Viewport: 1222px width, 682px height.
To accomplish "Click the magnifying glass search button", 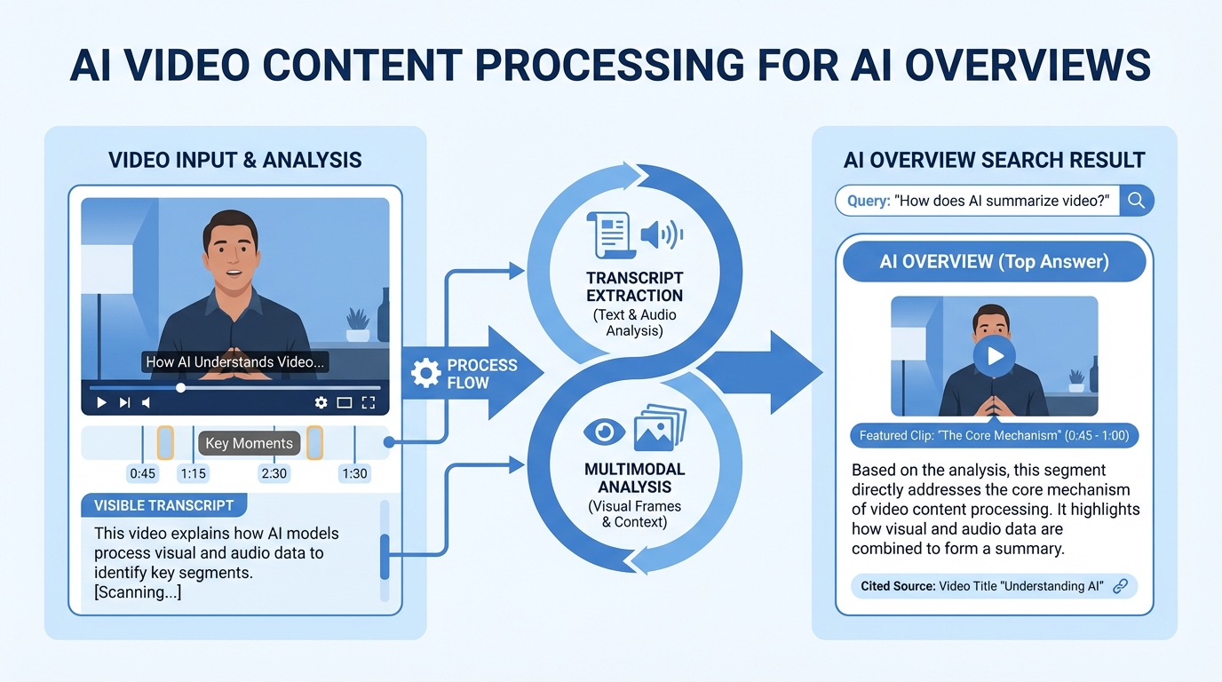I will [x=1136, y=201].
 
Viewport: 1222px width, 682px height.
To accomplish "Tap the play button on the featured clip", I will [x=994, y=356].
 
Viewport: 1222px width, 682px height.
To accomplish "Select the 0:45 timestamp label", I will [x=143, y=473].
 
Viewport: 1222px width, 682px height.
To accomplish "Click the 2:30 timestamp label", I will [x=274, y=473].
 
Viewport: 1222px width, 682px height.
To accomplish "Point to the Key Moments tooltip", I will [x=249, y=443].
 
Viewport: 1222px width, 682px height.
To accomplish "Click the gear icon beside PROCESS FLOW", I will [x=426, y=374].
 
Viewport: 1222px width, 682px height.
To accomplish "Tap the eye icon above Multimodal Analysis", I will [x=604, y=432].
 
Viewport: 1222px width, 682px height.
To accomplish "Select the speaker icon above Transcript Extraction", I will [x=661, y=234].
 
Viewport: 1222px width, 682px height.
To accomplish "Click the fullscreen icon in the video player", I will [x=369, y=402].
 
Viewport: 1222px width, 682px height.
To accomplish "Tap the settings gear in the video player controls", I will [x=321, y=402].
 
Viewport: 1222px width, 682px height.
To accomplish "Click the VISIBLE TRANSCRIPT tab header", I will [x=164, y=505].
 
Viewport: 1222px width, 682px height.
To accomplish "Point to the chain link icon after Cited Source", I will [x=1120, y=586].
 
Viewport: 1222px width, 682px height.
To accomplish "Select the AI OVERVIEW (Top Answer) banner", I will [x=994, y=262].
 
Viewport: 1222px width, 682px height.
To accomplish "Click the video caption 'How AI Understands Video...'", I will [x=235, y=362].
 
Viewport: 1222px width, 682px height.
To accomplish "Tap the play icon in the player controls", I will [x=101, y=402].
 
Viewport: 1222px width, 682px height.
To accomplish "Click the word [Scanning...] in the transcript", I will [x=138, y=592].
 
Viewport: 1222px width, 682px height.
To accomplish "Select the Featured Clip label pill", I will [x=994, y=436].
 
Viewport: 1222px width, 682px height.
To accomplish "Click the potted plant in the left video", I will [x=358, y=324].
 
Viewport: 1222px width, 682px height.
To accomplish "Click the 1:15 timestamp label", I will [x=193, y=473].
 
